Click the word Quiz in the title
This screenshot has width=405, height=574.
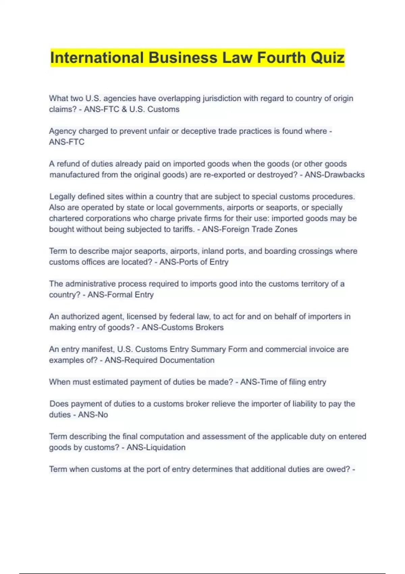(327, 58)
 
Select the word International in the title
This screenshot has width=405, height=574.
(97, 58)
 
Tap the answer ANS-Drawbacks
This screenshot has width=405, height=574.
(334, 175)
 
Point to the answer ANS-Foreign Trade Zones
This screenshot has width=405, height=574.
(250, 229)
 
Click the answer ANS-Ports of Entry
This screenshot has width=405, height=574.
(194, 262)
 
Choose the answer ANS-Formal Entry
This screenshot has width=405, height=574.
(120, 295)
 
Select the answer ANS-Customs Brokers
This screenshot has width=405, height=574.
(182, 328)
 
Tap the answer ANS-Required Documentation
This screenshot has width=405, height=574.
(159, 360)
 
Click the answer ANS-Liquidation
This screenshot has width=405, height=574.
(156, 447)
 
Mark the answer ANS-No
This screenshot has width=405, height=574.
(93, 415)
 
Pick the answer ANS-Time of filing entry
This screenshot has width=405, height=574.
(283, 382)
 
